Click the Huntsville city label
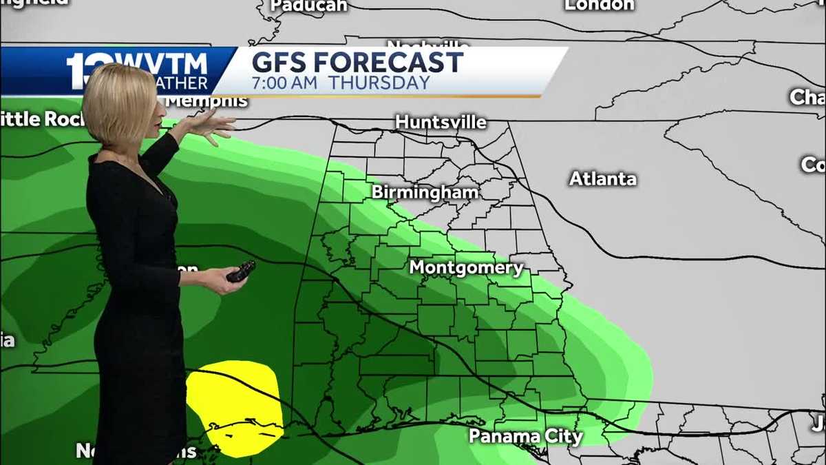point(441,123)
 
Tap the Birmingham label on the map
point(425,192)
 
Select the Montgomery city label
point(466,268)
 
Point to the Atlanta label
point(602,179)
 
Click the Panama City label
point(525,436)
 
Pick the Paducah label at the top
point(308,6)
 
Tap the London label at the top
point(599,5)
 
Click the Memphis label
point(206,101)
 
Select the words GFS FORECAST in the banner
point(357,62)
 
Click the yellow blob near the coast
point(234,406)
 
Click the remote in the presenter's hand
point(241,271)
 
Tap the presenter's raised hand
point(211,125)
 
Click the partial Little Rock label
point(41,118)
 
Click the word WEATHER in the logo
point(182,83)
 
